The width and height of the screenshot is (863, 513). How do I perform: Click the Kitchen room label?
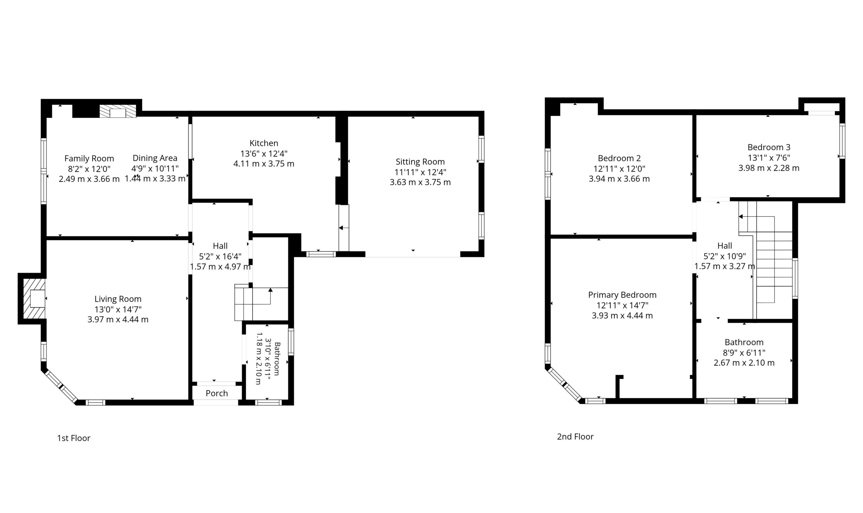point(263,143)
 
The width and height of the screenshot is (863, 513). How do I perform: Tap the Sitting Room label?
point(420,162)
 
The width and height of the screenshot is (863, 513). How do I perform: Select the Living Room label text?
point(118,299)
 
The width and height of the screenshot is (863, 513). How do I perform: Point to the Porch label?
point(217,393)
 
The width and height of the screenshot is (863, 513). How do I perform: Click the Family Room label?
point(89,159)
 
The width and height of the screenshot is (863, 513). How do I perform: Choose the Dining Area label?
point(155,158)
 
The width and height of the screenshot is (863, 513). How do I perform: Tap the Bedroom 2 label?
point(619,158)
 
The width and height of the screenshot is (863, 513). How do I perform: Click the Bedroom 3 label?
point(769,147)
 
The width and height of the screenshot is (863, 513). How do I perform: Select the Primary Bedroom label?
point(622,295)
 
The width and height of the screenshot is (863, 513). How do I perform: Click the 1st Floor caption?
point(73,438)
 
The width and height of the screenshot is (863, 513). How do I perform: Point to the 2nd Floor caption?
point(575,437)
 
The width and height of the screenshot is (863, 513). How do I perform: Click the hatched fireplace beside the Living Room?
point(34,299)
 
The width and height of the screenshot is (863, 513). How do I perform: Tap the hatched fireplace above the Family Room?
point(118,111)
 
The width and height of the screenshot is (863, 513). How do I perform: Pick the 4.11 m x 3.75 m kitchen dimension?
point(263,164)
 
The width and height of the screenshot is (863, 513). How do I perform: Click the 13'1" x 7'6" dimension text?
point(769,158)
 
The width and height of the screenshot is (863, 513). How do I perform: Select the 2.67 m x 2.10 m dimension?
point(744,363)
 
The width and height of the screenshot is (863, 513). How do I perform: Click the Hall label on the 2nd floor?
point(724,246)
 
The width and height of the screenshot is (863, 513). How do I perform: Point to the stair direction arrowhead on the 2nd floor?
point(741,217)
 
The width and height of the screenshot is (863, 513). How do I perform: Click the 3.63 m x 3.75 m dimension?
point(420,182)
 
